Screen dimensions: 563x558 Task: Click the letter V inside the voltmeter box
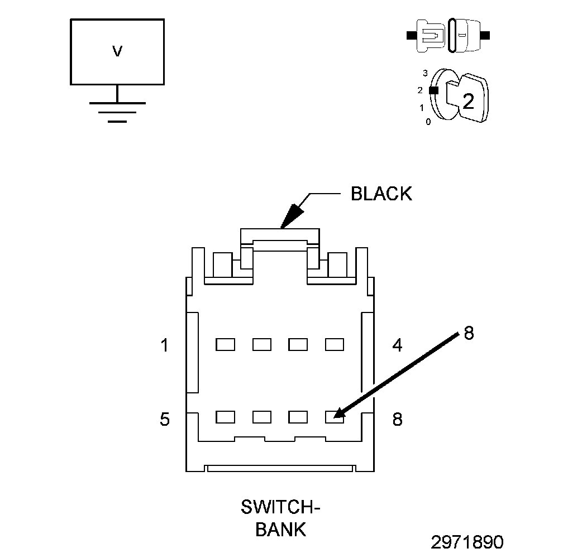click(x=117, y=51)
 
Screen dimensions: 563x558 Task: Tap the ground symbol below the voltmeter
click(x=117, y=112)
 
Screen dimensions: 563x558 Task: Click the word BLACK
click(x=381, y=194)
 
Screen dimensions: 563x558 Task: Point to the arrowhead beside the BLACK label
click(x=292, y=216)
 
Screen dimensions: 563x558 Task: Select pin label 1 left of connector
click(x=164, y=345)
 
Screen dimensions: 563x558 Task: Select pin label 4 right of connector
click(x=397, y=345)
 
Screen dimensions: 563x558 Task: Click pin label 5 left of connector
click(x=164, y=419)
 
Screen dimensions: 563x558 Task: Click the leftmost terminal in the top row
click(x=226, y=345)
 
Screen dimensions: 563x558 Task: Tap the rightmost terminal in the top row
click(x=335, y=345)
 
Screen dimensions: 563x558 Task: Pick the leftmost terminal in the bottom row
click(x=226, y=417)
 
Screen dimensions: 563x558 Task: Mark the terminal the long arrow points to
click(x=335, y=417)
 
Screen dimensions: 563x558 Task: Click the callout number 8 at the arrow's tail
click(x=469, y=333)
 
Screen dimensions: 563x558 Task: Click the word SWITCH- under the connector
click(x=280, y=507)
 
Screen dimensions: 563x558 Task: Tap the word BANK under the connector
click(x=281, y=530)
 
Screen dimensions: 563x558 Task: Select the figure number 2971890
click(x=467, y=542)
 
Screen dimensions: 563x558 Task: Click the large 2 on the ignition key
click(x=468, y=101)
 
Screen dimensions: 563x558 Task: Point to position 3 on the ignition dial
click(x=426, y=73)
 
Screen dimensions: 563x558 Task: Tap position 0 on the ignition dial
click(x=428, y=122)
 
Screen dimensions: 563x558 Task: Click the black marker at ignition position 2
click(x=434, y=90)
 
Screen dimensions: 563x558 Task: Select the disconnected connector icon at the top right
click(x=448, y=36)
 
